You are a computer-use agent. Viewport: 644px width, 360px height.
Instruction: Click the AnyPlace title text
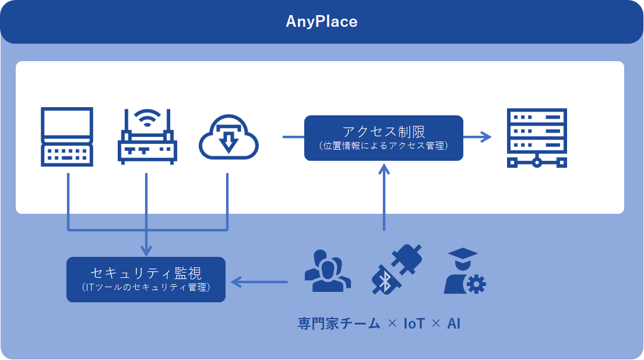(x=321, y=22)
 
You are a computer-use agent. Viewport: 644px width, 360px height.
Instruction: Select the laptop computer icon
(x=67, y=137)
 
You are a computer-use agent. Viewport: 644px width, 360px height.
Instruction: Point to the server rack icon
(x=537, y=138)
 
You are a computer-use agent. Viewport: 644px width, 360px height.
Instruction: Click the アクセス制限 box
(x=383, y=137)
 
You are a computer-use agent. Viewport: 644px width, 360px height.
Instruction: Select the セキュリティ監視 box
(x=146, y=279)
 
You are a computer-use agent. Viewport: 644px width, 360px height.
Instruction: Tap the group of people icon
(x=328, y=271)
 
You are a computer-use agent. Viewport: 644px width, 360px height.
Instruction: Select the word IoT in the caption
(x=414, y=324)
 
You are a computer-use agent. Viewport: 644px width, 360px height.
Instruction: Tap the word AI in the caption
(x=454, y=324)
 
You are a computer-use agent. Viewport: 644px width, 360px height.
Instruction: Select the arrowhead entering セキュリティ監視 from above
(x=146, y=250)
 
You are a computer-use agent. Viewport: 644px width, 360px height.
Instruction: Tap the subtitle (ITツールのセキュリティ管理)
(x=146, y=287)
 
